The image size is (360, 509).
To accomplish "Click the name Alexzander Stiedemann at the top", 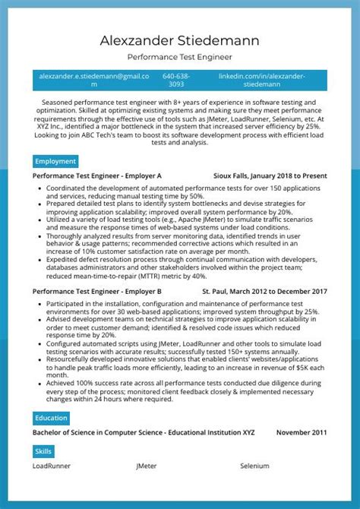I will (180, 40).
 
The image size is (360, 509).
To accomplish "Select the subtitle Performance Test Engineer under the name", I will (180, 57).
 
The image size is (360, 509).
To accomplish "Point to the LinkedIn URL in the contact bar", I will (262, 81).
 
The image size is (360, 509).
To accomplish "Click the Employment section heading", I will (55, 161).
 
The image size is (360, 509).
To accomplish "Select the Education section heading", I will (52, 418).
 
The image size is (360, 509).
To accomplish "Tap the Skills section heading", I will (43, 451).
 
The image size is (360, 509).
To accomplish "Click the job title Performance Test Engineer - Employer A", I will (96, 175).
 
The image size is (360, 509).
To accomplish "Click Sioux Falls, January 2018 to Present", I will (270, 175).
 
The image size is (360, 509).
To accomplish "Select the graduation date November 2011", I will (302, 432).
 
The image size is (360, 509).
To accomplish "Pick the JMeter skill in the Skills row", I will (147, 466).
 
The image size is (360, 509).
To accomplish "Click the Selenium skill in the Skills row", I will (254, 466).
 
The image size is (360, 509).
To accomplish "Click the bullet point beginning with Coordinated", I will (182, 191).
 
